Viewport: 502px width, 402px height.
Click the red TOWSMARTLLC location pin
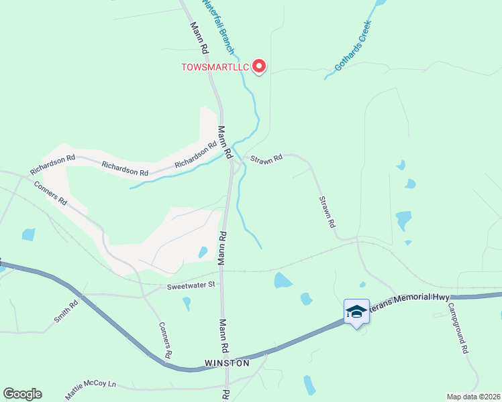[x=258, y=66]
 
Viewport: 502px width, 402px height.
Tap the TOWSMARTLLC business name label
[x=215, y=67]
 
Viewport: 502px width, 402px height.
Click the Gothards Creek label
[x=352, y=51]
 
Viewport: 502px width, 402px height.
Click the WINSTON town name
[x=227, y=363]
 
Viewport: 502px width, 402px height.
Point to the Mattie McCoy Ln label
[x=91, y=391]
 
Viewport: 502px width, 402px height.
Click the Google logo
[x=22, y=394]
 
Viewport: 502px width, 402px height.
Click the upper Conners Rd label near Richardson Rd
[x=51, y=193]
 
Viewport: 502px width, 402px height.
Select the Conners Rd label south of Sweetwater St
[x=166, y=339]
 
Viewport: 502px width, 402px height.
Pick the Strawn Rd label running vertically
[x=326, y=212]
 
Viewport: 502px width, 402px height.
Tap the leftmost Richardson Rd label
[x=52, y=161]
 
